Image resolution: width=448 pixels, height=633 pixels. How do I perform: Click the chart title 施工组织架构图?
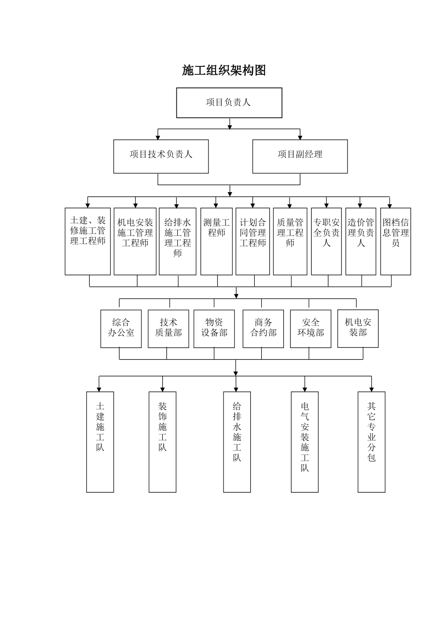(224, 70)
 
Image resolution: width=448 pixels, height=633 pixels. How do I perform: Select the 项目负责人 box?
(229, 103)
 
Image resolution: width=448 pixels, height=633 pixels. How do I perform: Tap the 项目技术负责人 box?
(161, 156)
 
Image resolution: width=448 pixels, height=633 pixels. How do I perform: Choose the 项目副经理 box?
(300, 156)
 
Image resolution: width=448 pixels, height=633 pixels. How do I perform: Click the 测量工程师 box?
(216, 241)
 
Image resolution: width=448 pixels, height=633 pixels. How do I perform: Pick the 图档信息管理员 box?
(396, 241)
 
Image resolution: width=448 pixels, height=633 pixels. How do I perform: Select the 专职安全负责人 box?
(326, 241)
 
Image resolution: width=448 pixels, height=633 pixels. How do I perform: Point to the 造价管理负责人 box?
(361, 241)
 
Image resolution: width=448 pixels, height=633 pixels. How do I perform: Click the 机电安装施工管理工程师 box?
(135, 241)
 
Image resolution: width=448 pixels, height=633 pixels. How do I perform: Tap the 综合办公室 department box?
(121, 329)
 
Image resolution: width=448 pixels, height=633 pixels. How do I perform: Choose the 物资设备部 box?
(214, 329)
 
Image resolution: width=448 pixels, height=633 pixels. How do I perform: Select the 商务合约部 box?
(263, 329)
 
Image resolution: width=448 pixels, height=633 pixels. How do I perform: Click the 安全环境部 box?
(311, 329)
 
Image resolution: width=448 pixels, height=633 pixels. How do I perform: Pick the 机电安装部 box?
(358, 329)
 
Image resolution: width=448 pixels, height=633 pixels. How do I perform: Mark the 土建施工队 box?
(100, 442)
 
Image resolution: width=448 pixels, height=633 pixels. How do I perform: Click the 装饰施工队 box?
(163, 442)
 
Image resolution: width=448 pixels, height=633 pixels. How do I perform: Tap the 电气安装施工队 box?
(305, 442)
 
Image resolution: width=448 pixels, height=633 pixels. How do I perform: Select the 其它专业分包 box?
(372, 442)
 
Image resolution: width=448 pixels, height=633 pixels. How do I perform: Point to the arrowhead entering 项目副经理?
(300, 137)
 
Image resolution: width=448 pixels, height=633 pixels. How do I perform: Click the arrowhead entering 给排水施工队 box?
(236, 389)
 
